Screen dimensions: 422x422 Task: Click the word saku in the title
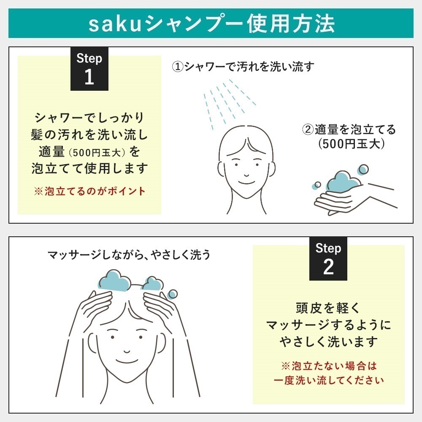tap(112, 24)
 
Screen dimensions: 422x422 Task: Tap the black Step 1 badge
tap(89, 68)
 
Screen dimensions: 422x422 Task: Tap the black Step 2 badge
tap(328, 258)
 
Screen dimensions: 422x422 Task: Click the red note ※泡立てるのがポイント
tap(89, 191)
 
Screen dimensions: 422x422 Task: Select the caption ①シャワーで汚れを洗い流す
tap(243, 67)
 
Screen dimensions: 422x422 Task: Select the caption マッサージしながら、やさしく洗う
tap(129, 255)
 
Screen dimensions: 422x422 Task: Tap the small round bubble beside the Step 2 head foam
tap(173, 295)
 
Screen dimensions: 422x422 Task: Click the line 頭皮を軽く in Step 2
tap(328, 308)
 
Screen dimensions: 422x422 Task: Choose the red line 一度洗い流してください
tap(328, 380)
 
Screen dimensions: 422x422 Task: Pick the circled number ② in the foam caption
tap(308, 130)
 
